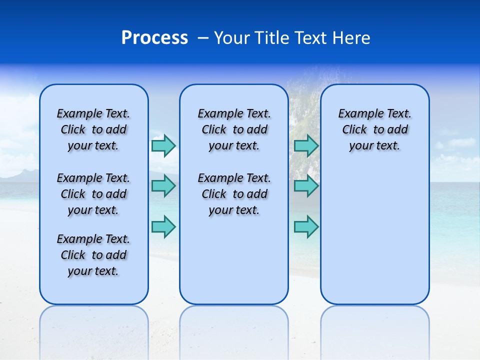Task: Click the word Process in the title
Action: coord(154,38)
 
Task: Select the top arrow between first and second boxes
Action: coord(163,145)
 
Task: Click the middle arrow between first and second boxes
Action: coord(163,186)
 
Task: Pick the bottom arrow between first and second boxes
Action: coord(163,226)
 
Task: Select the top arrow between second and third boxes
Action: coord(306,145)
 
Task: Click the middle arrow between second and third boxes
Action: coord(306,186)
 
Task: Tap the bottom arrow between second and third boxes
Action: coord(306,226)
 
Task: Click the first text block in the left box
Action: coord(93,129)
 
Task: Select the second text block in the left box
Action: coord(93,194)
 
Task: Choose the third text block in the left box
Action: coord(93,255)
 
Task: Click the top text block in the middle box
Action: coord(234,129)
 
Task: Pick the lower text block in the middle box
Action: coord(234,194)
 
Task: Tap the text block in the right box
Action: coord(374,129)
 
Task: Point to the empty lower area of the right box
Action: coord(374,235)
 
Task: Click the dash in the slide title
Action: coord(203,38)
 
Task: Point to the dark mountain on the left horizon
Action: coord(22,175)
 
